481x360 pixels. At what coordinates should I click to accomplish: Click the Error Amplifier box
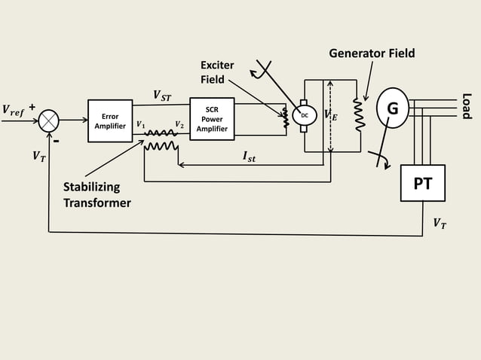[x=110, y=121]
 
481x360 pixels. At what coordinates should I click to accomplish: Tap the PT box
[x=422, y=184]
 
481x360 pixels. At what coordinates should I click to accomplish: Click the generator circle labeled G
[x=392, y=108]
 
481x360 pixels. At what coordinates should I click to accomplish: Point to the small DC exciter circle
[x=304, y=115]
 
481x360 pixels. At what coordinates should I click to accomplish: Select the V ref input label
[x=13, y=111]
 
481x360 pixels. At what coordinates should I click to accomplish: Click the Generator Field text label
[x=372, y=53]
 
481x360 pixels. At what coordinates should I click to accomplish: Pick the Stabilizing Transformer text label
[x=97, y=195]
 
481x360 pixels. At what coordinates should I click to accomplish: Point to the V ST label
[x=162, y=95]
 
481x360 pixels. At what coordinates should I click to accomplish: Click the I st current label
[x=249, y=157]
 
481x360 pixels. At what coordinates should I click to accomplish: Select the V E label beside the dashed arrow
[x=330, y=114]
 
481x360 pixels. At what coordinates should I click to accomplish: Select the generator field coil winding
[x=358, y=115]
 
